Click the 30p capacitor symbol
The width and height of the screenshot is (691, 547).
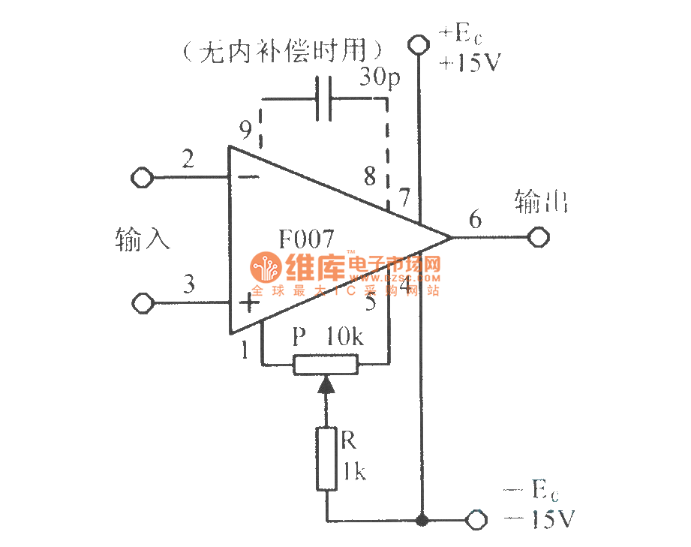324,98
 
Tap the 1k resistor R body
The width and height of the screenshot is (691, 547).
326,458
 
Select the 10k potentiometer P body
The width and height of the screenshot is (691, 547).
326,365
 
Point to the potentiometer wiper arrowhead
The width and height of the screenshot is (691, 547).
326,386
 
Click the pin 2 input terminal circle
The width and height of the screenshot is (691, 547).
141,178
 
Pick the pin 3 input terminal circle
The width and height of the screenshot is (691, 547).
141,303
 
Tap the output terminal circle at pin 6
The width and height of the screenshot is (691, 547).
538,238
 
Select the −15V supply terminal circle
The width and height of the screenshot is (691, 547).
476,518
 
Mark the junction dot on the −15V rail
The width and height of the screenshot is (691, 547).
422,518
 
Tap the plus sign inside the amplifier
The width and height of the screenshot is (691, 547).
248,303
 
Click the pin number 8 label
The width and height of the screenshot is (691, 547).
369,177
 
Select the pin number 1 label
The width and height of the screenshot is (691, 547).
245,349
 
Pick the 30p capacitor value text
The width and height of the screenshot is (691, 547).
380,77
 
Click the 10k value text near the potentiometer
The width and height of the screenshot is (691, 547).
344,337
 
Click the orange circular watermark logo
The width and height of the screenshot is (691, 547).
264,268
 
